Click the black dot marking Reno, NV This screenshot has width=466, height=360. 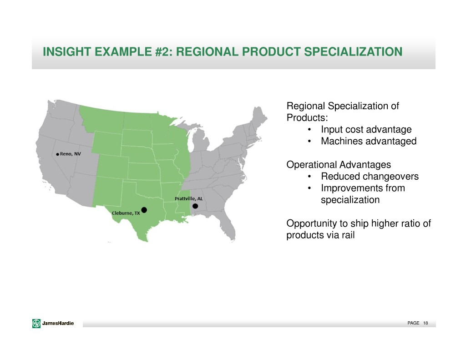coord(57,154)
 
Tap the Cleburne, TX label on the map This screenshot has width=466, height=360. coord(126,213)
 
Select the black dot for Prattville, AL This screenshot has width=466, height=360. coord(195,206)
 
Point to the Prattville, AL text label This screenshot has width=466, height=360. coord(189,198)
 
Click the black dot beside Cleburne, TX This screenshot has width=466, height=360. coord(144,210)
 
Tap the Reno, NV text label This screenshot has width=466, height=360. coord(71,154)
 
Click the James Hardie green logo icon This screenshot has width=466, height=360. coord(36,323)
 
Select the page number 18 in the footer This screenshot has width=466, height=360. coord(425,323)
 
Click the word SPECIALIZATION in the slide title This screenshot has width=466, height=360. coord(353,52)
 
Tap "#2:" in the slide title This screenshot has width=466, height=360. coord(164,52)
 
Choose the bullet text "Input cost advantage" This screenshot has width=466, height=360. coord(366,129)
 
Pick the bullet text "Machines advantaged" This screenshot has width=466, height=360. coord(369,141)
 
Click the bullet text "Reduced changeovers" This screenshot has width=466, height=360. coord(370,176)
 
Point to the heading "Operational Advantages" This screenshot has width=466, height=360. coord(339,164)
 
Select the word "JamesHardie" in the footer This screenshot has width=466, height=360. coord(58,323)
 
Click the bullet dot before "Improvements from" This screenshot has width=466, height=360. coord(309,188)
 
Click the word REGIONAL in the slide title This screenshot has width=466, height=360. coord(207,52)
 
